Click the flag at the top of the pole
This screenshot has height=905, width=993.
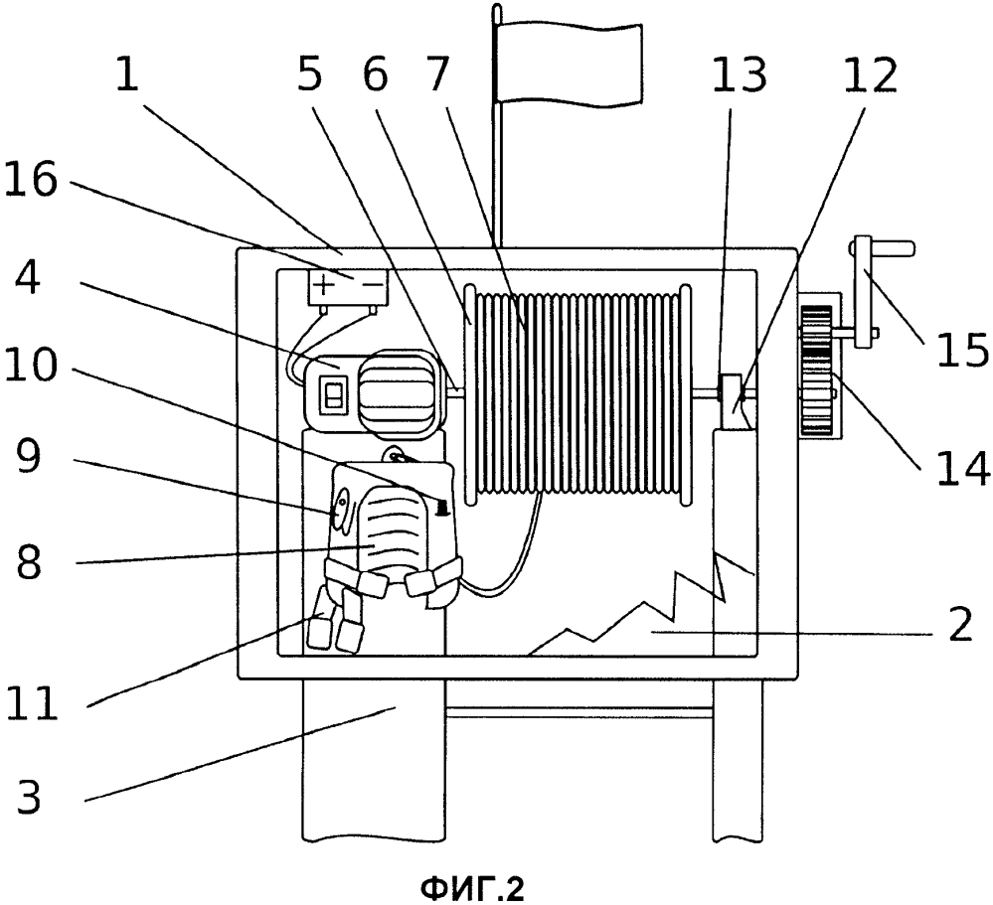pos(570,64)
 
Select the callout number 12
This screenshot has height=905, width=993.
pos(871,75)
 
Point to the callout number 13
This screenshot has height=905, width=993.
pos(740,75)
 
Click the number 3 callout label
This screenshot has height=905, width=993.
pos(29,796)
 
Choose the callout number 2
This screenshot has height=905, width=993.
pos(959,624)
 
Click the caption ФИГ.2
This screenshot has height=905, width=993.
pos(472,889)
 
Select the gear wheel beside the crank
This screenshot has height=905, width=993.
pos(816,371)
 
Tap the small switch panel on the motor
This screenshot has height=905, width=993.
pos(332,394)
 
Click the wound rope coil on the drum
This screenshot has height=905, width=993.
pos(577,393)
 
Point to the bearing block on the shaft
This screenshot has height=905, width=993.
pos(732,393)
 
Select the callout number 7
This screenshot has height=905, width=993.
pos(433,75)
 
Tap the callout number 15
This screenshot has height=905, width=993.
pos(962,351)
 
